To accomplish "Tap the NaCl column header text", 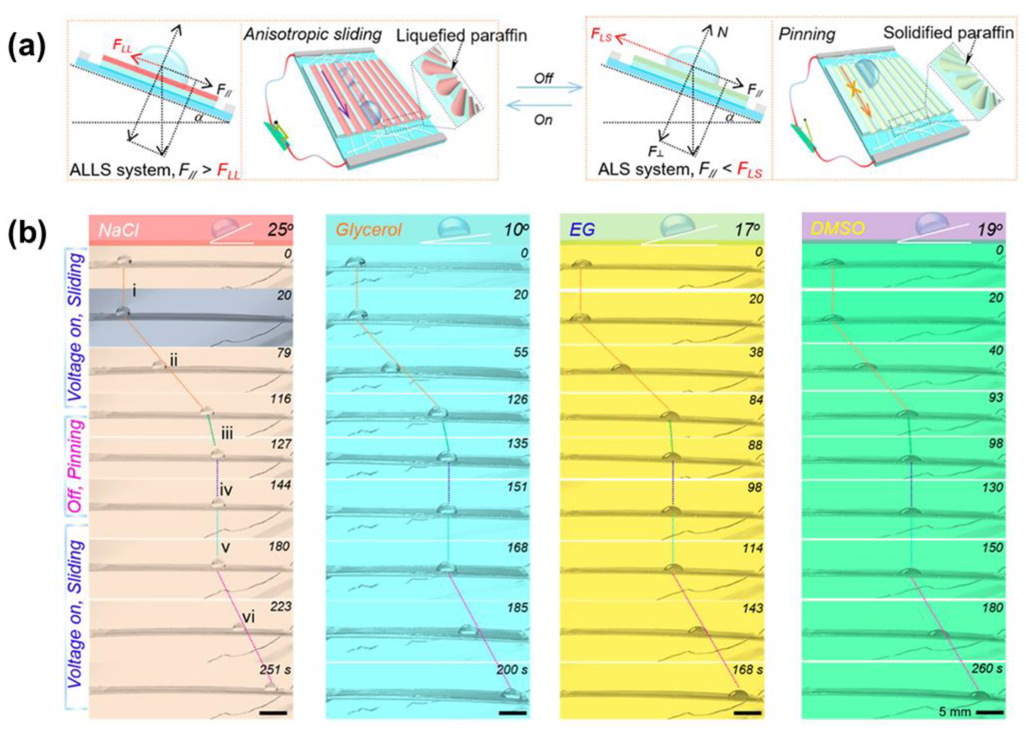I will pyautogui.click(x=118, y=230).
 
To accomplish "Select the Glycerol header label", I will pyautogui.click(x=368, y=230).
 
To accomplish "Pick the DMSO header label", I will pyautogui.click(x=837, y=228).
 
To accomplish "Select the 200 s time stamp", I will pyautogui.click(x=512, y=670).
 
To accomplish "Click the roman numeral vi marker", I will pyautogui.click(x=248, y=617).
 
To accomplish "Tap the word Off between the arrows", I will pyautogui.click(x=543, y=78).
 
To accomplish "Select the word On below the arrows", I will pyautogui.click(x=543, y=120).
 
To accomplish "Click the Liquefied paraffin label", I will pyautogui.click(x=461, y=35).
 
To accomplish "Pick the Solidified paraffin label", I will pyautogui.click(x=948, y=32).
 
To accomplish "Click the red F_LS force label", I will pyautogui.click(x=601, y=35).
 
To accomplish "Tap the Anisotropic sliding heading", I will pyautogui.click(x=313, y=34).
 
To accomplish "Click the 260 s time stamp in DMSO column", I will pyautogui.click(x=987, y=668).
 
